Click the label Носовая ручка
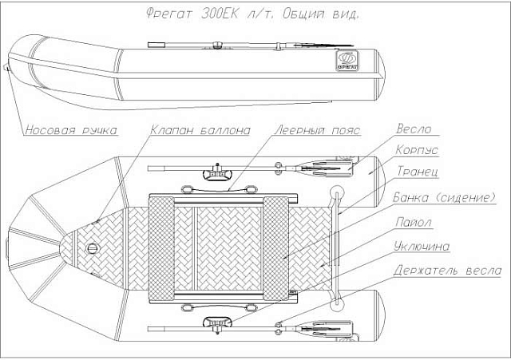pyautogui.click(x=71, y=130)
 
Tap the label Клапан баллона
pyautogui.click(x=200, y=130)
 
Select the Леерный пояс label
pyautogui.click(x=318, y=130)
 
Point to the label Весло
pyautogui.click(x=414, y=129)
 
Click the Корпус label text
pyautogui.click(x=417, y=150)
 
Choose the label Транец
pyautogui.click(x=418, y=171)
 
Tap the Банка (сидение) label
pyautogui.click(x=444, y=197)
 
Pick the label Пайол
pyautogui.click(x=414, y=222)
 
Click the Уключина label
pyautogui.click(x=422, y=247)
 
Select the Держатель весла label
pyautogui.click(x=447, y=271)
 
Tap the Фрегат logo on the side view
pyautogui.click(x=347, y=61)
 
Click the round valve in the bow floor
pyautogui.click(x=93, y=249)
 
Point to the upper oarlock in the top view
pyautogui.click(x=216, y=173)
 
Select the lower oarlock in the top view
pyautogui.click(x=216, y=324)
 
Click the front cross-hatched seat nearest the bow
pyautogui.click(x=161, y=248)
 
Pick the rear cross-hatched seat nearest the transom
pyautogui.click(x=275, y=248)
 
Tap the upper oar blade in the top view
pyautogui.click(x=327, y=168)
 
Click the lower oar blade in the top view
pyautogui.click(x=327, y=329)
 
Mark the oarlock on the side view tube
pyautogui.click(x=216, y=45)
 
